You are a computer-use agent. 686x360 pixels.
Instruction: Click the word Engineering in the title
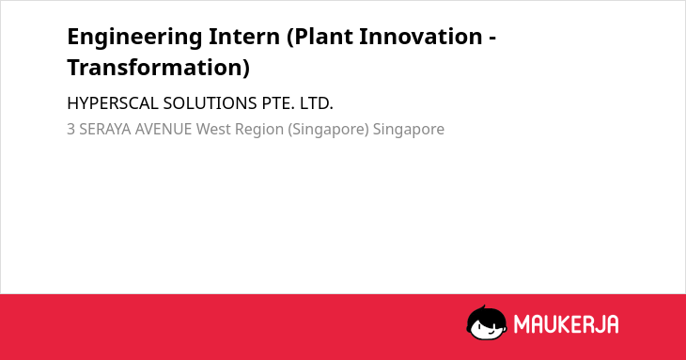[x=134, y=38]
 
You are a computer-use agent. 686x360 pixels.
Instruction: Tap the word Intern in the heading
[x=244, y=36]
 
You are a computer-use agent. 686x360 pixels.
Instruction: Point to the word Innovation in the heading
[x=420, y=36]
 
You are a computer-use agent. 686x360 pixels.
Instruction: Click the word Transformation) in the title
[x=159, y=68]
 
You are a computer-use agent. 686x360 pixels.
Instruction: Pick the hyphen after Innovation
[x=491, y=39]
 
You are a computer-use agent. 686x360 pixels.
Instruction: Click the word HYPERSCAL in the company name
[x=113, y=103]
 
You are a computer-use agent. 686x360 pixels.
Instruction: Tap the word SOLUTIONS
[x=210, y=103]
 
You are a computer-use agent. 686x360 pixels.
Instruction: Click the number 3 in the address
[x=70, y=130]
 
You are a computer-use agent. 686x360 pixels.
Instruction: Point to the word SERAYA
[x=105, y=130]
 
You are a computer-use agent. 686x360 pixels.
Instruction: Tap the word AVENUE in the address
[x=164, y=130]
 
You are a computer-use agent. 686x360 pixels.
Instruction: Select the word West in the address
[x=213, y=130]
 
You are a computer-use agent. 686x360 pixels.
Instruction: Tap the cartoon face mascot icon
[x=487, y=323]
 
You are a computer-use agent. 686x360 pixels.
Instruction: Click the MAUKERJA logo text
[x=566, y=324]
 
